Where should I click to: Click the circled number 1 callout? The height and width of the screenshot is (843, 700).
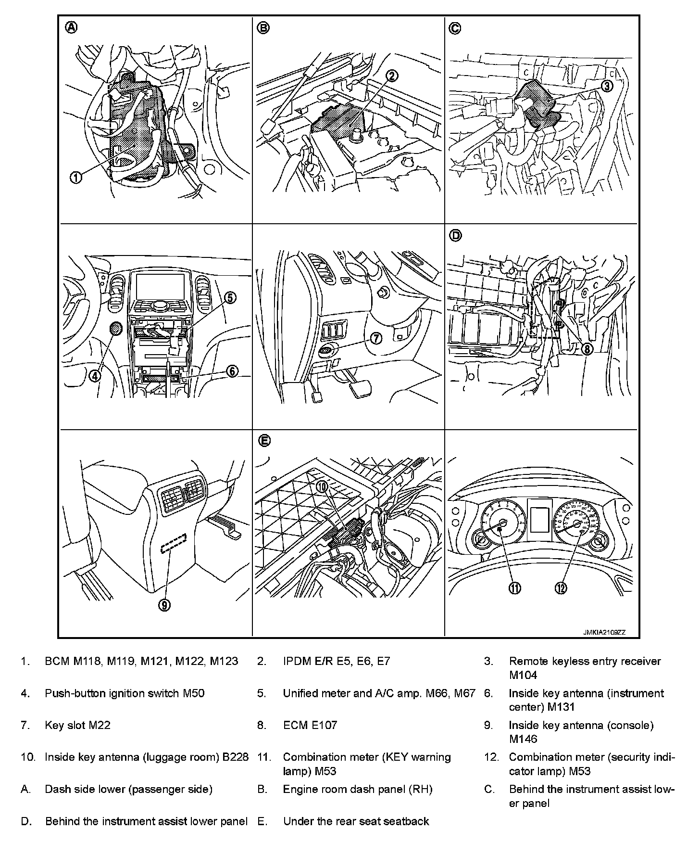76,177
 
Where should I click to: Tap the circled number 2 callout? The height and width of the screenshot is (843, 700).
392,76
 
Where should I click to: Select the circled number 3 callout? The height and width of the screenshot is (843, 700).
607,86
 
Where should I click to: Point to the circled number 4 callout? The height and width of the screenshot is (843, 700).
95,375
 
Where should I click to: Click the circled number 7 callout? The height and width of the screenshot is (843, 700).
375,338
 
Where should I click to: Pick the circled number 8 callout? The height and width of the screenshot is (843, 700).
587,348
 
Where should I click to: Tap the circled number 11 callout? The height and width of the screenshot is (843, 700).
515,588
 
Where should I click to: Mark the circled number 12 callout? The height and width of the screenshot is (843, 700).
561,588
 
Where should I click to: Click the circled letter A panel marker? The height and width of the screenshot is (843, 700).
71,27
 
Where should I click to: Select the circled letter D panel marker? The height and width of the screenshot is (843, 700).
455,235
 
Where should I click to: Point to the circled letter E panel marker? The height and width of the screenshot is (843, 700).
264,440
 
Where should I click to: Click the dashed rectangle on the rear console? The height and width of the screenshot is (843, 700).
174,544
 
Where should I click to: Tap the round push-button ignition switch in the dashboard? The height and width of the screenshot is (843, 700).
116,329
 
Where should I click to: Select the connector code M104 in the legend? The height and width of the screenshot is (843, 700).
523,675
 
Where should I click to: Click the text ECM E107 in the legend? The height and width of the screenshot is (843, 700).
310,725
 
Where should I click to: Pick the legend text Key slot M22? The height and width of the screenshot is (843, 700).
77,725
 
